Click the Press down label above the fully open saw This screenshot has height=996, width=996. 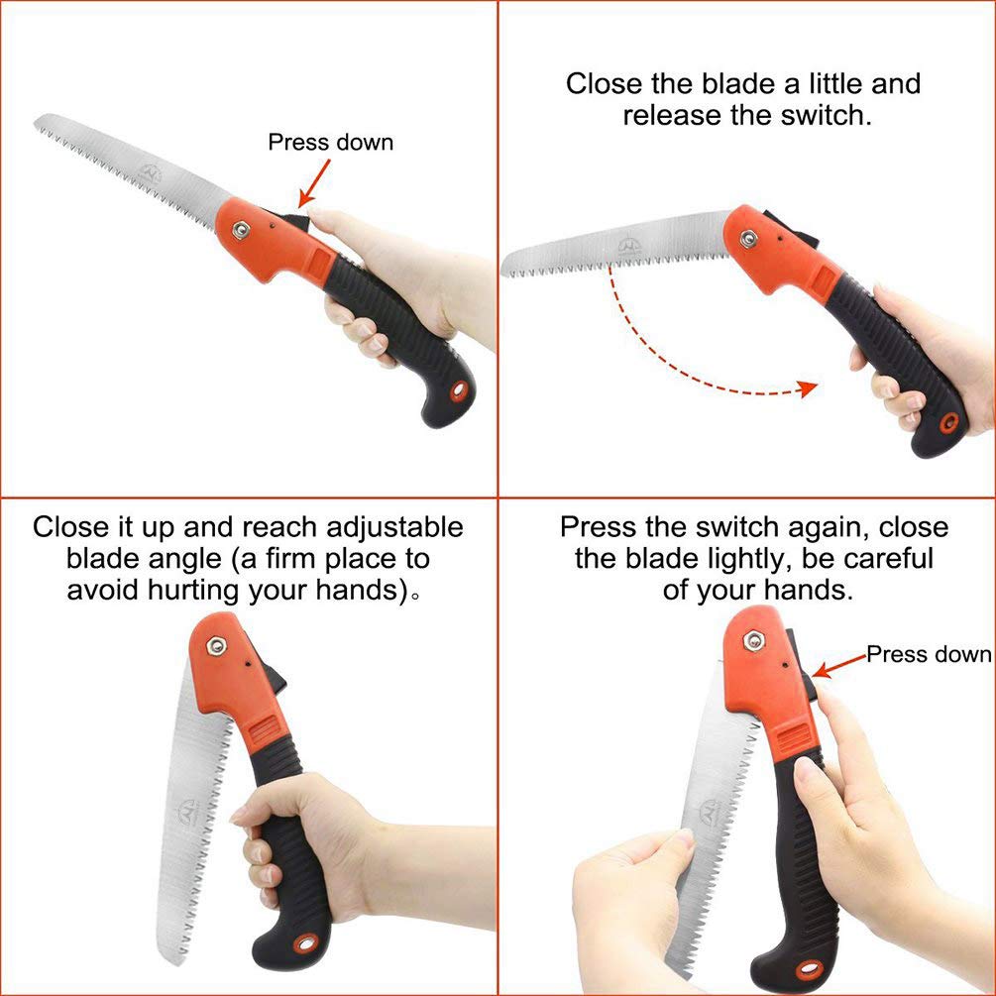click(x=330, y=142)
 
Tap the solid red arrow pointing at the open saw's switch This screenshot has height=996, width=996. click(x=316, y=184)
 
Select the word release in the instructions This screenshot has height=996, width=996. click(x=672, y=115)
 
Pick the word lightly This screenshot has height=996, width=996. click(x=719, y=558)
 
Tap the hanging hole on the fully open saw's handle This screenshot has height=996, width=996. click(x=459, y=390)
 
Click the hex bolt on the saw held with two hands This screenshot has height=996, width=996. click(x=754, y=641)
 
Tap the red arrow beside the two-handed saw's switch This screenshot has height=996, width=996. click(x=837, y=664)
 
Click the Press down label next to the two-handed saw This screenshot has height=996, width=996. click(x=929, y=654)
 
